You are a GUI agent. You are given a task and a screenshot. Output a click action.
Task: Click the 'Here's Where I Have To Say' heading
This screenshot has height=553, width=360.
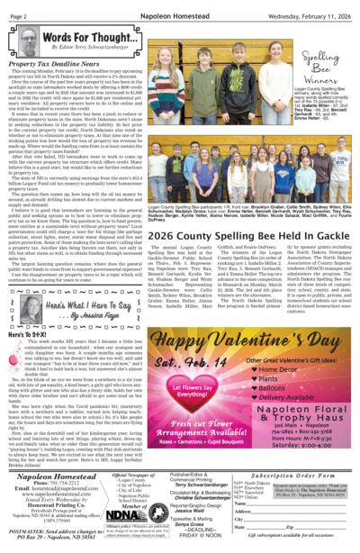pyautogui.click(x=91, y=309)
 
